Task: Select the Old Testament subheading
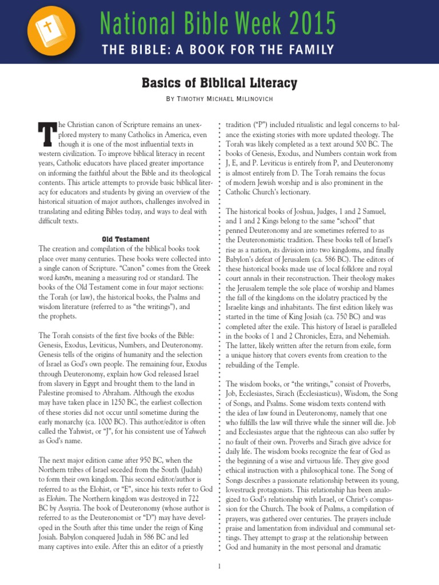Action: tap(126, 239)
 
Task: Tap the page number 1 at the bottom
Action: tap(219, 566)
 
